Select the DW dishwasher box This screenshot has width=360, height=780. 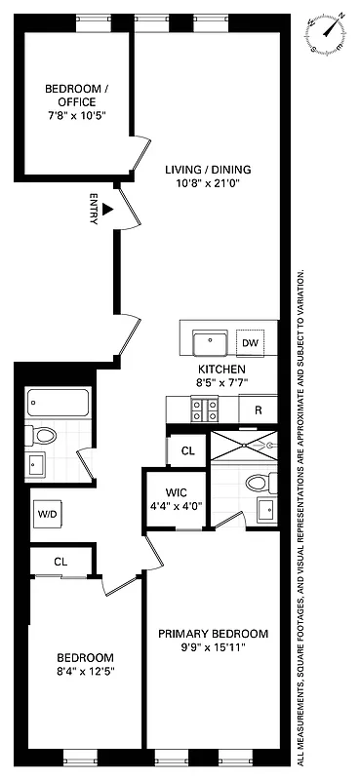[250, 342]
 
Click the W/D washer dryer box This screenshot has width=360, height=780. [47, 513]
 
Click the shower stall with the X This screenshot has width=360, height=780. [243, 445]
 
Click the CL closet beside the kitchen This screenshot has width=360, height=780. [187, 450]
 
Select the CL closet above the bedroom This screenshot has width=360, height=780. [60, 561]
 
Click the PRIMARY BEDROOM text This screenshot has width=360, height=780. [214, 633]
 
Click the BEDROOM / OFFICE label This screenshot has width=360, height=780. [76, 96]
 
